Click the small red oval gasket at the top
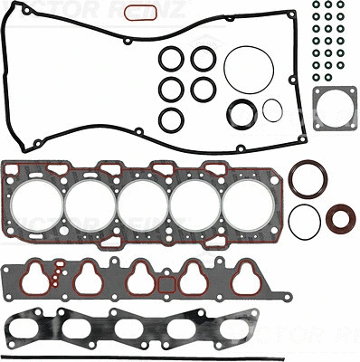click(x=137, y=12)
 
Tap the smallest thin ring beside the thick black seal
click(x=272, y=110)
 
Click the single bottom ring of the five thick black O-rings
click(x=170, y=119)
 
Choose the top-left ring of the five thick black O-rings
click(x=170, y=59)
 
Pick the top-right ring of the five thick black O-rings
click(x=203, y=59)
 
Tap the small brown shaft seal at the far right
click(x=341, y=219)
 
